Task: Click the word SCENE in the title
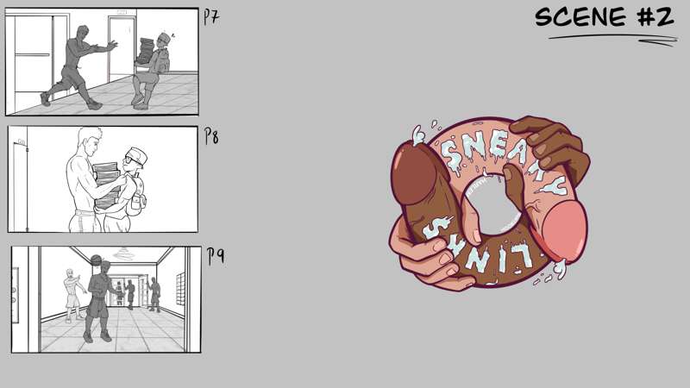(x=580, y=17)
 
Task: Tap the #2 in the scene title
(x=655, y=17)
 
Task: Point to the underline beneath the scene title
(x=612, y=40)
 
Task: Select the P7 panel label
(x=211, y=16)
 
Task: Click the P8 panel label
(x=211, y=136)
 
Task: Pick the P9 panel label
(x=216, y=256)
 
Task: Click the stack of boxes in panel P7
(x=145, y=51)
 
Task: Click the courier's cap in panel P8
(x=136, y=155)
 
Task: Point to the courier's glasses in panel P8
(x=133, y=160)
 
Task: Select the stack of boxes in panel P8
(x=106, y=185)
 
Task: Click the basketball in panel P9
(x=97, y=260)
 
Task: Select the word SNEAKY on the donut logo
(x=502, y=161)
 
